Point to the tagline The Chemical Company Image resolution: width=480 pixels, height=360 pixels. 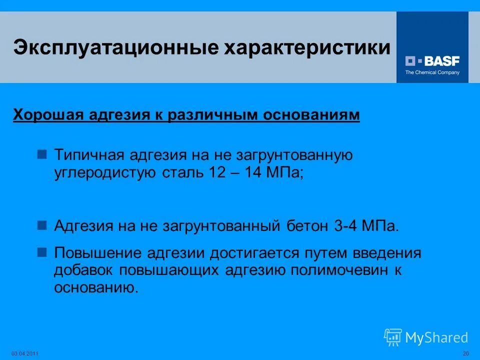click(x=432, y=72)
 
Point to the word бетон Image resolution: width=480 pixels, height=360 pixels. click(x=307, y=225)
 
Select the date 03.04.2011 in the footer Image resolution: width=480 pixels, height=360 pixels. click(x=24, y=354)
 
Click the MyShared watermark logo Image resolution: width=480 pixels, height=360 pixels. click(x=426, y=337)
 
